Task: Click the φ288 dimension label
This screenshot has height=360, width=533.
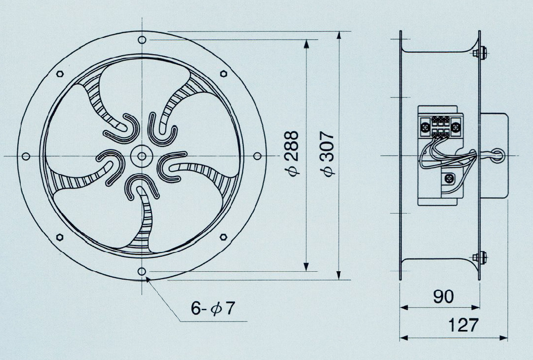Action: point(292,153)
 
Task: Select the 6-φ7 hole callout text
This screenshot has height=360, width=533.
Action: point(213,309)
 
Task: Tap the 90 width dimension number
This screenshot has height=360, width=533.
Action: point(444,296)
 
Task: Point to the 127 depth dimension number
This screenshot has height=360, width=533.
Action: point(463,325)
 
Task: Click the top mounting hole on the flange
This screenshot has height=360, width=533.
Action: point(142,40)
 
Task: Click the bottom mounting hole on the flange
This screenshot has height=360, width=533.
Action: point(142,271)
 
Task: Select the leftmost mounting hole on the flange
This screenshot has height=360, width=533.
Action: point(26,156)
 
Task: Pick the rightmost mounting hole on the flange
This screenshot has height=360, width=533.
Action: point(258,156)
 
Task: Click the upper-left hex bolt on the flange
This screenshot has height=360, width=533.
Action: point(60,73)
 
